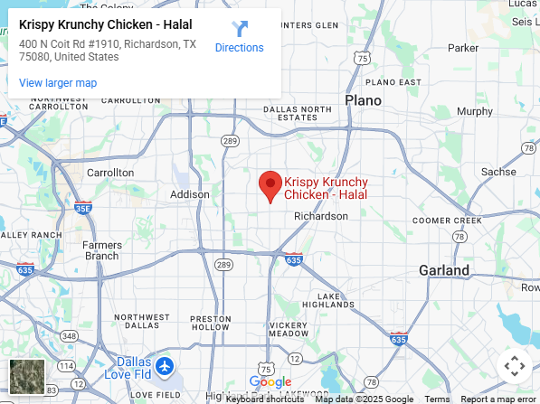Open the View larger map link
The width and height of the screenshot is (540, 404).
point(58,83)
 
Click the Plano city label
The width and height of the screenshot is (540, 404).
point(363,100)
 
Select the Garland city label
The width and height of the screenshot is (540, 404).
point(444,270)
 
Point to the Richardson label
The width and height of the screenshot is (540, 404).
point(321,216)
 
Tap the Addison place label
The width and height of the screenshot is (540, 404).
point(189,194)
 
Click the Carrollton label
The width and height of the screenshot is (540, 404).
point(109,173)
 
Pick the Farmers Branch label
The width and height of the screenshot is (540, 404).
point(102,250)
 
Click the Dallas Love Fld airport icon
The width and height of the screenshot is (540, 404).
point(165,367)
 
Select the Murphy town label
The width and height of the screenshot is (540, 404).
point(475,112)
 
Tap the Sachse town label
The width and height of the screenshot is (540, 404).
point(498,172)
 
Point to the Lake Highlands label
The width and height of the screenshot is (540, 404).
point(341,301)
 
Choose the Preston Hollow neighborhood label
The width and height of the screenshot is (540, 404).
point(212,324)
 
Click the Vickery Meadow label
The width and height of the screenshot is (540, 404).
point(289,330)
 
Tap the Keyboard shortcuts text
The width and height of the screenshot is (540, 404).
point(265,399)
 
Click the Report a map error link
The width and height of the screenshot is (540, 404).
point(497,399)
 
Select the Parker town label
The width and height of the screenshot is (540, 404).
point(463,48)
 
